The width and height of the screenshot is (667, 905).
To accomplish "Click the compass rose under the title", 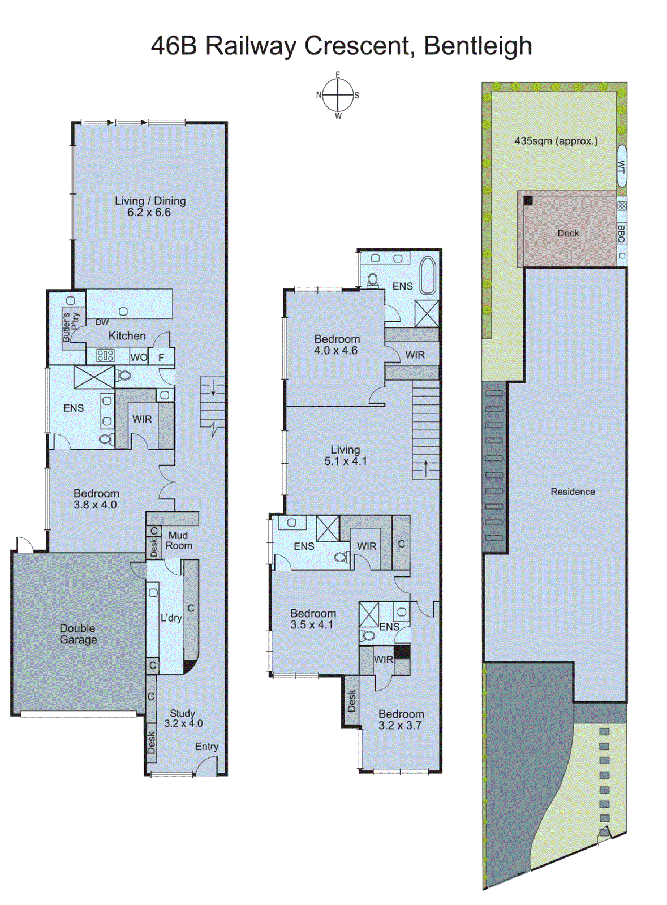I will click(x=338, y=96).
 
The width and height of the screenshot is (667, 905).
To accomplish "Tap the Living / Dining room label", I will click(x=150, y=206).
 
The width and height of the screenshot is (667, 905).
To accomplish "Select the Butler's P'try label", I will click(x=71, y=327).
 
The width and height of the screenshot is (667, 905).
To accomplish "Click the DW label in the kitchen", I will click(x=102, y=322).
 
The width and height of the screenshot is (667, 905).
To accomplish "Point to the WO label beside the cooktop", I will click(x=139, y=357).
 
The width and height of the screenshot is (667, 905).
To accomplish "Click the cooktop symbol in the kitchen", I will click(x=106, y=356).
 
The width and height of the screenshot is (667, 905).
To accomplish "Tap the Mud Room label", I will click(x=179, y=541).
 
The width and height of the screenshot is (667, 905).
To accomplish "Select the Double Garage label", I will click(x=78, y=634).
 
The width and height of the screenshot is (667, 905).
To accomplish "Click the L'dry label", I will click(x=171, y=618).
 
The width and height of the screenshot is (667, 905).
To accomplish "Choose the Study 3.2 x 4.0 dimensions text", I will click(x=183, y=723).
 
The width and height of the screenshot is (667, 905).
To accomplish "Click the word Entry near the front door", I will click(x=206, y=747).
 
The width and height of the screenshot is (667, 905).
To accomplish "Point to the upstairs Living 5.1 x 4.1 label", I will click(x=345, y=455).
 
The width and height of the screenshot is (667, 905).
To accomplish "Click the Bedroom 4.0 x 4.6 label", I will click(x=337, y=344).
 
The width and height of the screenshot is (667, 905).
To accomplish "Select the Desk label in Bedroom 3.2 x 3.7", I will click(x=352, y=701).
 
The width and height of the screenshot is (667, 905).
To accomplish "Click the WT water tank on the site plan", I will click(x=621, y=166).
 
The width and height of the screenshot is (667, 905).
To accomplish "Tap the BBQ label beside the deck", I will click(x=621, y=233).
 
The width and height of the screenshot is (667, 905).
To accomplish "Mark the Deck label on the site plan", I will click(x=568, y=234).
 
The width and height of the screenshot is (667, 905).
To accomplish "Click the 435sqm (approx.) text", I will click(x=556, y=141).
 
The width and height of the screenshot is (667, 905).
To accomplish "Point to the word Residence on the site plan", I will click(x=573, y=492).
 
